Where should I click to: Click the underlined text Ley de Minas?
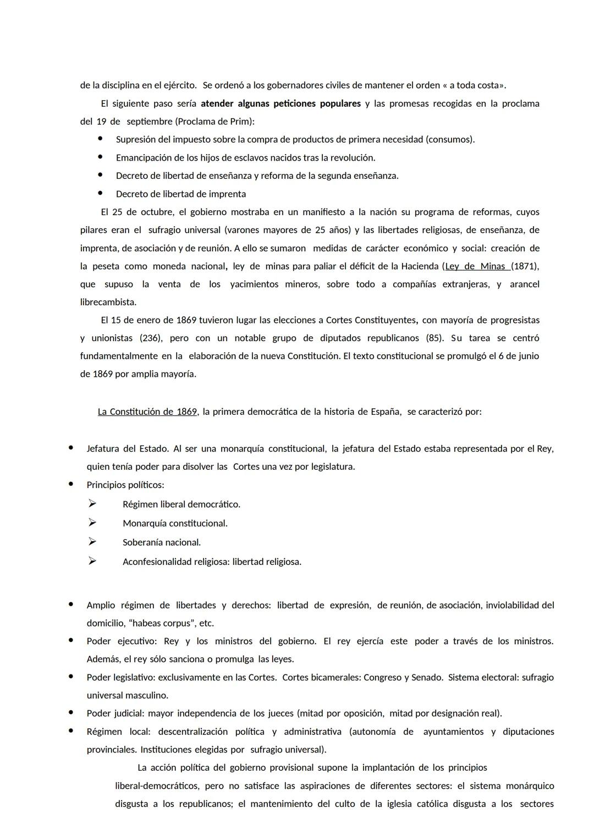point(476,266)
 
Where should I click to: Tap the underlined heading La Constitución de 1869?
point(147,411)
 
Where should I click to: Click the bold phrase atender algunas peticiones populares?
point(280,103)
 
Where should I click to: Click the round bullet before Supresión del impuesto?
point(100,139)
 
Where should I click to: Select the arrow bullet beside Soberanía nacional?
point(92,542)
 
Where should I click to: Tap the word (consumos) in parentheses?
point(449,139)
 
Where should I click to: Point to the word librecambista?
point(108,302)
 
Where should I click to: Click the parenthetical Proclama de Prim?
point(214,122)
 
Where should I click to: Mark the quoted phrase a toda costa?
point(475,85)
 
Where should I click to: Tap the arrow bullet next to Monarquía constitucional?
point(92,523)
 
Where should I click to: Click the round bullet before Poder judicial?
point(71,712)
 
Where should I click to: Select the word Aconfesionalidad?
point(157,562)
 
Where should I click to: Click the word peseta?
point(105,266)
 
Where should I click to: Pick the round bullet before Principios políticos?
point(71,484)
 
